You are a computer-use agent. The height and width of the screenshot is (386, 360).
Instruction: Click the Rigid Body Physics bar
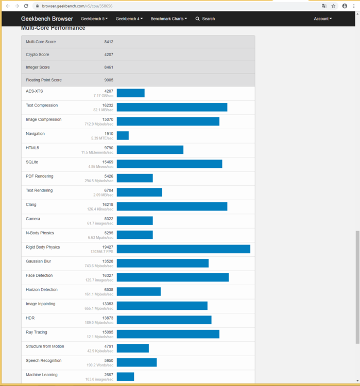[x=183, y=249]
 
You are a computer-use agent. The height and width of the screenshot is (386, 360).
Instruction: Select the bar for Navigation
[x=123, y=135]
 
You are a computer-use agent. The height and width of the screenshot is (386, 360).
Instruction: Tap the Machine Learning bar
[x=125, y=377]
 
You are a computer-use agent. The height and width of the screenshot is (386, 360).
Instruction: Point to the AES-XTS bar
[x=130, y=93]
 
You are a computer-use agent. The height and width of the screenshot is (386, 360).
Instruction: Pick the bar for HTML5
[x=150, y=150]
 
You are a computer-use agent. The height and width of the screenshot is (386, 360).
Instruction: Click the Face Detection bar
[x=173, y=277]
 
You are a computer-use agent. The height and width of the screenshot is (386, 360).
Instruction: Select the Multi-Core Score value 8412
[x=109, y=42]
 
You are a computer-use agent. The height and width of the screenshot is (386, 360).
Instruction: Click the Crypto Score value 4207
[x=109, y=55]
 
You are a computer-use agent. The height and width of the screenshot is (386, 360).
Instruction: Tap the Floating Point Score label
[x=44, y=80]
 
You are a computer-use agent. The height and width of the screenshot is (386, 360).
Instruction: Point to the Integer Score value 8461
[x=109, y=67]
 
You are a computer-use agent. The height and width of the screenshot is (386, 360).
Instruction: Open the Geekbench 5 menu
[x=94, y=19]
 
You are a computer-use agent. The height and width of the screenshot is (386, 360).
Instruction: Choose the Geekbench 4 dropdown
[x=129, y=19]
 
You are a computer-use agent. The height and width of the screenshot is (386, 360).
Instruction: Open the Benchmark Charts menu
[x=168, y=19]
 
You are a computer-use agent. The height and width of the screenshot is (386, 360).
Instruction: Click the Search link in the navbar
[x=205, y=19]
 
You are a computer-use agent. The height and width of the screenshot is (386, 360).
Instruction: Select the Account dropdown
[x=322, y=19]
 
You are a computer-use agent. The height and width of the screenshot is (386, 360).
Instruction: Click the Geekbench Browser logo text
[x=47, y=19]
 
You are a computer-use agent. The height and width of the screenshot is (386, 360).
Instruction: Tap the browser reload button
[x=26, y=6]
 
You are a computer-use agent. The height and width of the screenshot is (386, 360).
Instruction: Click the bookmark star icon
[x=334, y=6]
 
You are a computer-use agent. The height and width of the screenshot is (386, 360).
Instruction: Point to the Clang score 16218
[x=108, y=204]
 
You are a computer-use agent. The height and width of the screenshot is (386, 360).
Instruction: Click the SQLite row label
[x=32, y=162]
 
